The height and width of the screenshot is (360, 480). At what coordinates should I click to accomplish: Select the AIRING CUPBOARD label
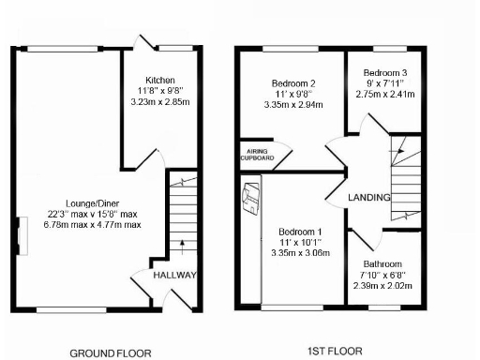257,155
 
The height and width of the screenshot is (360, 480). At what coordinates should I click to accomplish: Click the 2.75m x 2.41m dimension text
386,94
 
